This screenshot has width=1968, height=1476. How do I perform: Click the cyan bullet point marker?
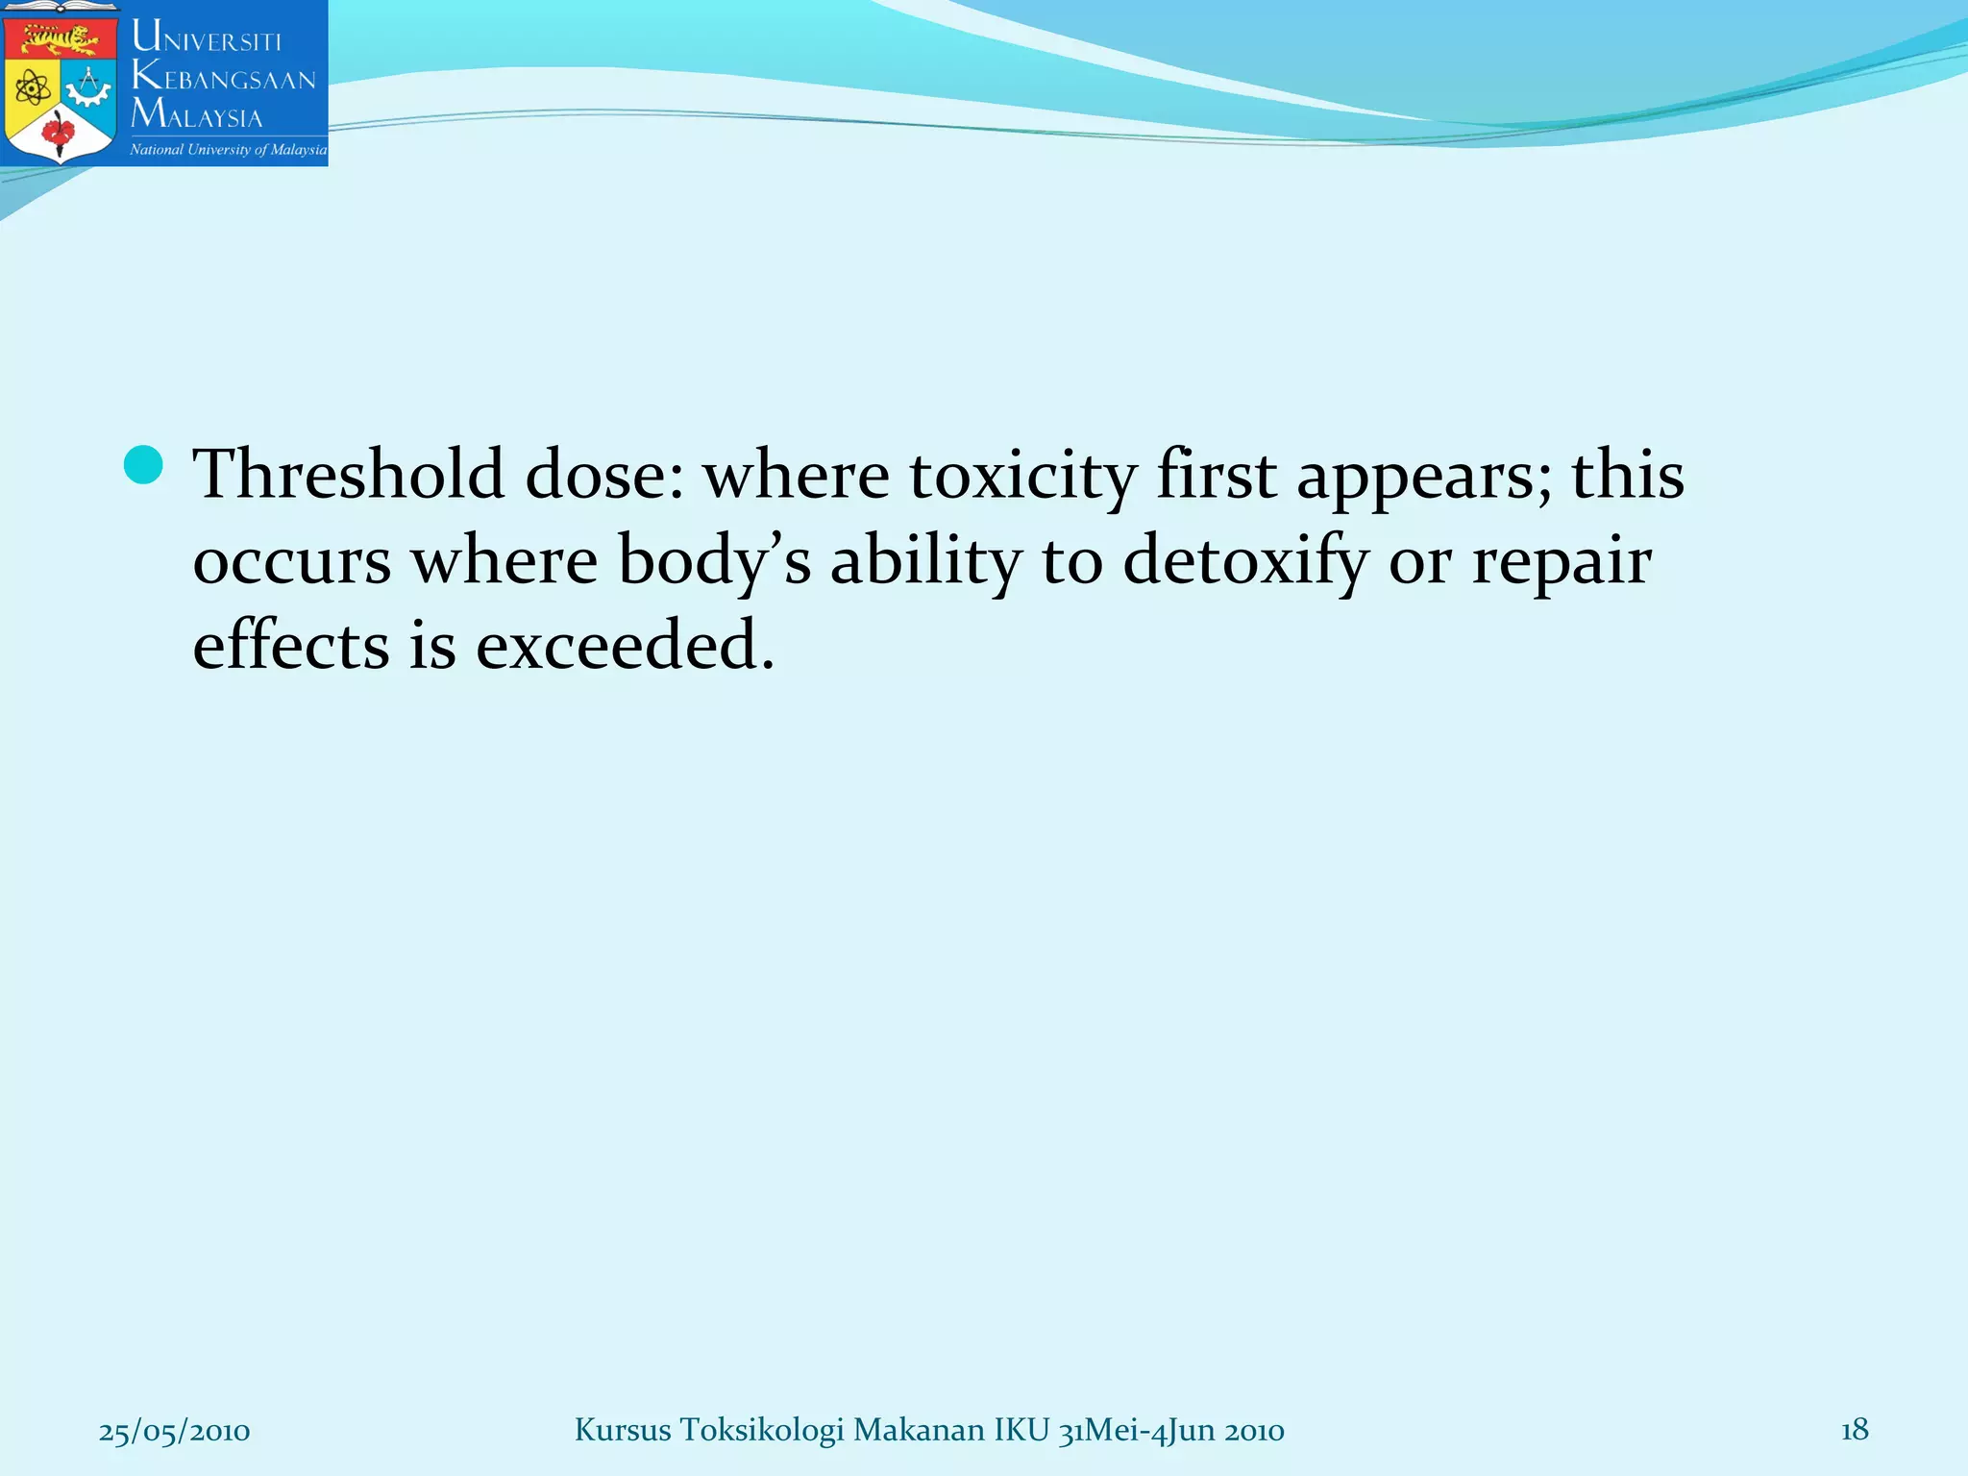[x=143, y=465]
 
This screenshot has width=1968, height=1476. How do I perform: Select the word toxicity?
[x=1022, y=477]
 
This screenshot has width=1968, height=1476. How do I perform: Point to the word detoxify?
[x=1244, y=562]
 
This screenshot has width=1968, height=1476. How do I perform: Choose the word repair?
[x=1562, y=562]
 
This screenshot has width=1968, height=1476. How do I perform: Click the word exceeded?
[x=625, y=645]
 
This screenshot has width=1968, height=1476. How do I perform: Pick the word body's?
[x=714, y=561]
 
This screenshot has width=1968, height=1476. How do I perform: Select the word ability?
[x=925, y=561]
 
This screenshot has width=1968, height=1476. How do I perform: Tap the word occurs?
[x=292, y=561]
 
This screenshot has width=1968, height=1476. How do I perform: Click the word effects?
[x=291, y=645]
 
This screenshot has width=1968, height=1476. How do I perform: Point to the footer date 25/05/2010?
[x=174, y=1431]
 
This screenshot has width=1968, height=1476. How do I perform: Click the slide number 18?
[x=1855, y=1430]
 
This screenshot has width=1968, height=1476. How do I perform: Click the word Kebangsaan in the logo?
[x=224, y=76]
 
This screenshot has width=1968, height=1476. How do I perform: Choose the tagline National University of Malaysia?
[x=228, y=150]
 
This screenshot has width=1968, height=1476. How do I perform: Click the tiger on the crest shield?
[x=61, y=41]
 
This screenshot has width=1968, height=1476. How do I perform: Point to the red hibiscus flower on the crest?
[x=60, y=133]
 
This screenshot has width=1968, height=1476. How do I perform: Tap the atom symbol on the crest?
[x=34, y=89]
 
